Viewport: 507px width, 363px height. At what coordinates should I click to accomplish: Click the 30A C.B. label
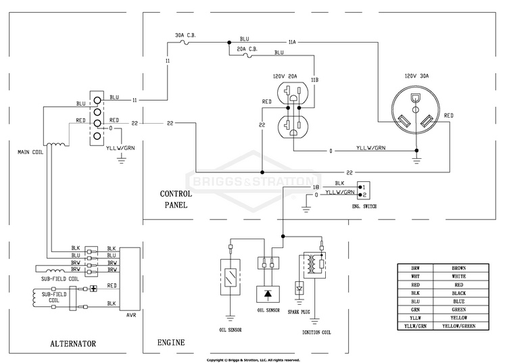pos(185,35)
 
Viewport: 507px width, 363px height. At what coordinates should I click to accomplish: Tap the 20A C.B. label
pos(247,49)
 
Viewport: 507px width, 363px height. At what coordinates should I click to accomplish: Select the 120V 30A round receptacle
pos(416,110)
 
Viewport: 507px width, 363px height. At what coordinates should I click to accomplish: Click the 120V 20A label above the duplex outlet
pos(285,76)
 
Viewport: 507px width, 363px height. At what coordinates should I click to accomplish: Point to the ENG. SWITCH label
pos(364,206)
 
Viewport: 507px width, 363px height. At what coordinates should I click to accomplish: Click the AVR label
pos(131,315)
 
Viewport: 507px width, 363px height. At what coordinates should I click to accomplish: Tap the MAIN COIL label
pos(30,152)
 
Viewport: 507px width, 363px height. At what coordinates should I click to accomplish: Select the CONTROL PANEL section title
pos(176,199)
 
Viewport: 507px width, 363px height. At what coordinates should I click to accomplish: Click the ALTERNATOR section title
pos(73,343)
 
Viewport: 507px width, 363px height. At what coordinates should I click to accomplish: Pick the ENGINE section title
pos(171,342)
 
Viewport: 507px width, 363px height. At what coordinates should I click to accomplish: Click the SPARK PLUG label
pos(299,312)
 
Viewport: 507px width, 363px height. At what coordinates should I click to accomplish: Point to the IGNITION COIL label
pos(316,333)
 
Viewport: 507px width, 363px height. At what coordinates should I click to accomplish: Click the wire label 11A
pos(292,42)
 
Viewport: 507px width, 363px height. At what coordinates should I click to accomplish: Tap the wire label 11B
pos(314,80)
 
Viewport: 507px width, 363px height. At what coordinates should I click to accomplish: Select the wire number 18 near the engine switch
pos(316,187)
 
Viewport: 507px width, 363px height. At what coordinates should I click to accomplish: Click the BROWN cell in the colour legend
pos(459,268)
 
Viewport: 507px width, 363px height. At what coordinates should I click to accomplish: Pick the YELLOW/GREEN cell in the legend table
pos(459,326)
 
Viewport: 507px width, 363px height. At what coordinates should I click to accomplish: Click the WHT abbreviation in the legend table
pos(416,276)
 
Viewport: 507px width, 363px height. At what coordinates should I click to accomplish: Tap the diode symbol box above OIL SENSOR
pos(268,294)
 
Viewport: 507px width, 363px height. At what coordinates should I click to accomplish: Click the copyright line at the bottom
pos(254,360)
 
